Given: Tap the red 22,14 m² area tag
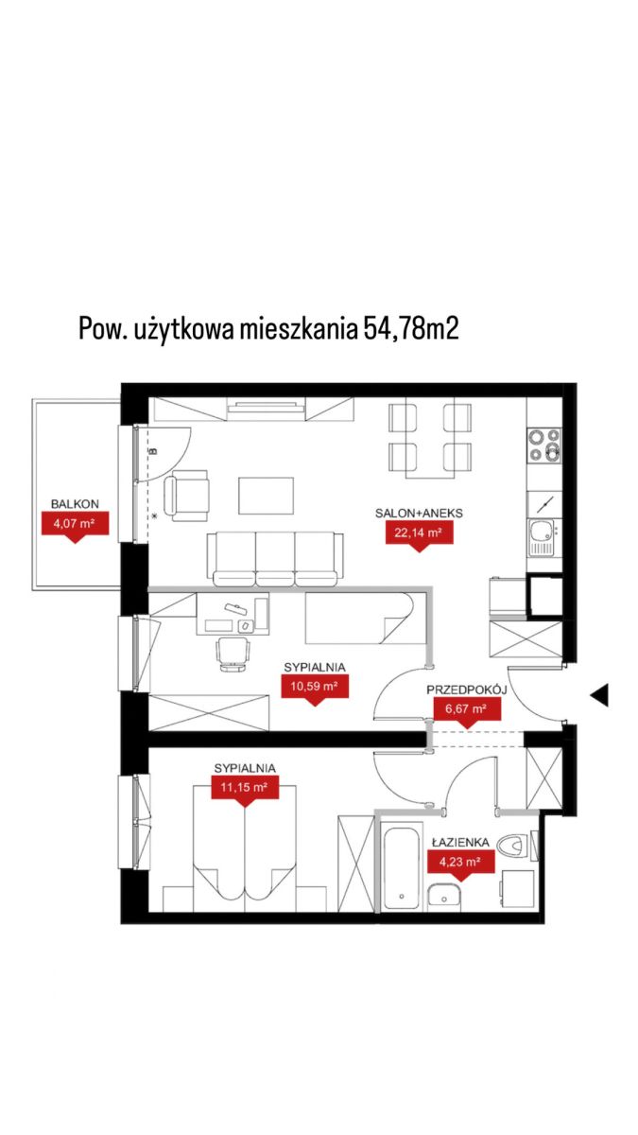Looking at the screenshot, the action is [x=419, y=534].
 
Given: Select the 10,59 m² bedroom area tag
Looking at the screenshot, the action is [x=315, y=689].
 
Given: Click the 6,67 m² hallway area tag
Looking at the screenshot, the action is [x=467, y=710].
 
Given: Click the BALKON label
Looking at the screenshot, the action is [x=75, y=504].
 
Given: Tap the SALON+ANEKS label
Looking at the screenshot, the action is [x=419, y=514].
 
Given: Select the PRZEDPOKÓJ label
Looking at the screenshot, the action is [x=467, y=690].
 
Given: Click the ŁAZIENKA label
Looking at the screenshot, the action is [x=461, y=842].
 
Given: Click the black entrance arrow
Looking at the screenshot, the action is [x=599, y=694].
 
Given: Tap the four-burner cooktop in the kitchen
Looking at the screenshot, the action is [x=544, y=445].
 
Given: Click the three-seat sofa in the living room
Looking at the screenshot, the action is [x=275, y=559].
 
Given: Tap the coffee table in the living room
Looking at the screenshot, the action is [x=267, y=496].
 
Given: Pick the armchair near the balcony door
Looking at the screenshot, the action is [x=186, y=496].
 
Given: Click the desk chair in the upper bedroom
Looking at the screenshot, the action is [x=233, y=654].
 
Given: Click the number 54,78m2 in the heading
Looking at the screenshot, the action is [x=410, y=329].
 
